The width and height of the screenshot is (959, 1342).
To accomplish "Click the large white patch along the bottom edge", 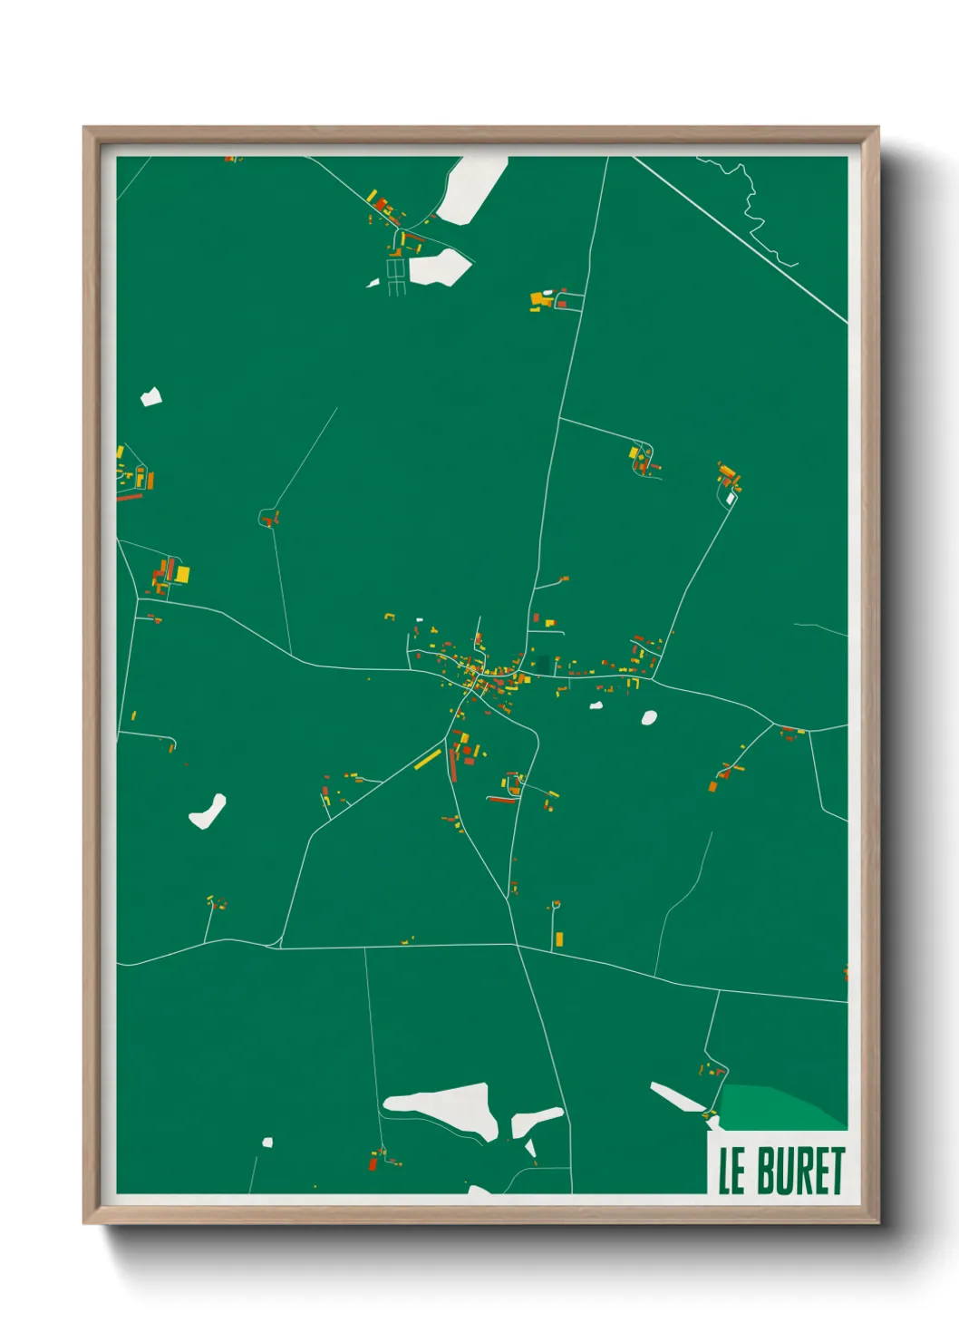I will point(444,1108).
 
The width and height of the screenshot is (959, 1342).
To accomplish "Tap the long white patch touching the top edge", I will point(471,190).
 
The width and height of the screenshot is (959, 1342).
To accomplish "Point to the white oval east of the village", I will point(649,718).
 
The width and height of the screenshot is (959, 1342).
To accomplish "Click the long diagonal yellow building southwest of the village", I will point(428,759).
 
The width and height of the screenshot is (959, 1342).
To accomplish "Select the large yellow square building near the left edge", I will point(182,574).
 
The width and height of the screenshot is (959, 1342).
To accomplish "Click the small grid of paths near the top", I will point(396,276).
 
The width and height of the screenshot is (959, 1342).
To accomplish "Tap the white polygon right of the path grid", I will point(440,267).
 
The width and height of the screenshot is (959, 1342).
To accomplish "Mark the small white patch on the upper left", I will point(151,396).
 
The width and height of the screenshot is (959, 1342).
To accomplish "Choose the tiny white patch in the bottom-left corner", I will point(267,1142).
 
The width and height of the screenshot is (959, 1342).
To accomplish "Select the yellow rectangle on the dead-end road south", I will point(558,938).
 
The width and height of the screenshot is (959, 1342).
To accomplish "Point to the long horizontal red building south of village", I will point(501,800).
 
